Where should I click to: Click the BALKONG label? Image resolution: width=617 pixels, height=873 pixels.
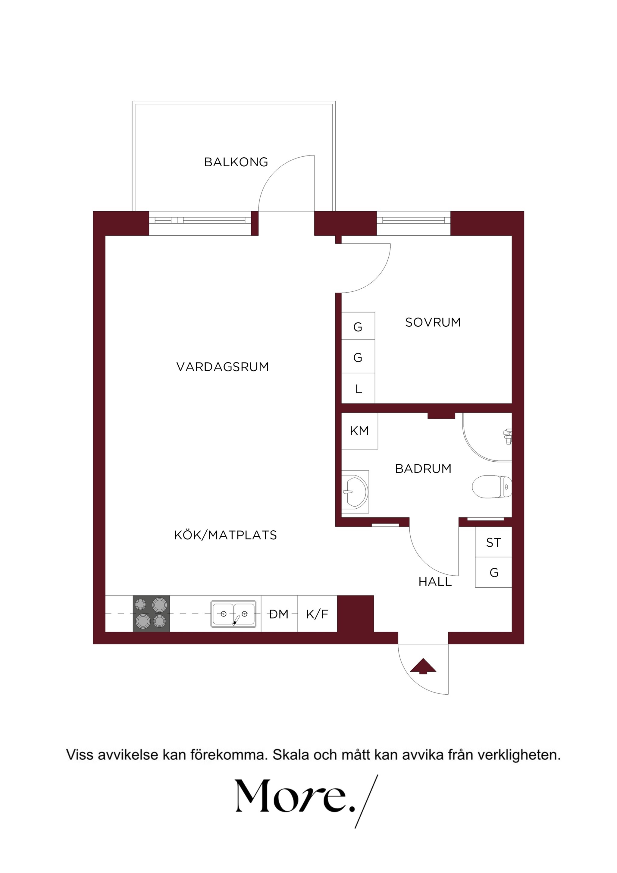click(236, 162)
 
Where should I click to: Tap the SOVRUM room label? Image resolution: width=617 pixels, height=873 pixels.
click(433, 322)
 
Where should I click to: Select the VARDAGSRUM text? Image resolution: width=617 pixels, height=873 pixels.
click(223, 367)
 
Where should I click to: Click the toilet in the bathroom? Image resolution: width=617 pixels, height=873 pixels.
click(492, 486)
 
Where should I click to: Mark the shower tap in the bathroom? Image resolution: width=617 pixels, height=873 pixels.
click(508, 436)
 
